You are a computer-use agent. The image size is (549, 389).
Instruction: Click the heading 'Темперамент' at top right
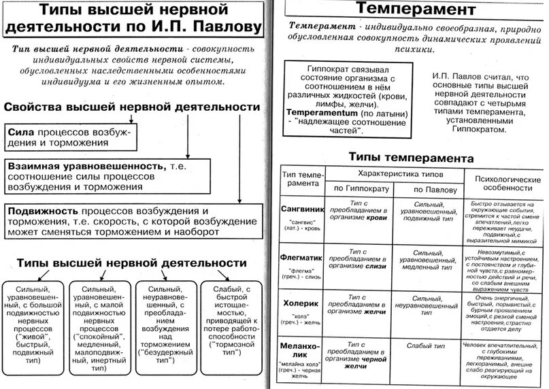410,10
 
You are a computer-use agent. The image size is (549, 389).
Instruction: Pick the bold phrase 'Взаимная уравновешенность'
86,166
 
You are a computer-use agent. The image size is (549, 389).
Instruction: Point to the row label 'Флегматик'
301,258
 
